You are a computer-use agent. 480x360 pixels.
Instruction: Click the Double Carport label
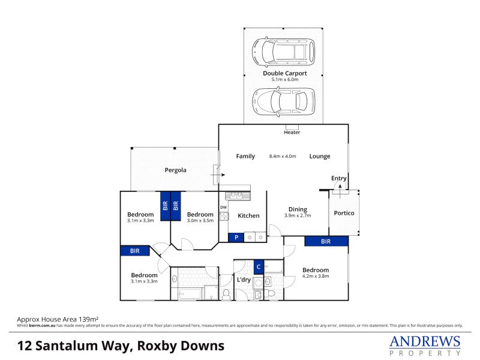point(284,73)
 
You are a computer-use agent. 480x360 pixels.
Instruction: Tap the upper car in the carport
point(283,52)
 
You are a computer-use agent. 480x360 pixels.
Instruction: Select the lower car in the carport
point(283,102)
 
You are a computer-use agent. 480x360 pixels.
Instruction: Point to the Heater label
point(292,132)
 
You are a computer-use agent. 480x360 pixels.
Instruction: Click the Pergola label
point(175,170)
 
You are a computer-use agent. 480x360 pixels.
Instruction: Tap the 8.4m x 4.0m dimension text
point(283,156)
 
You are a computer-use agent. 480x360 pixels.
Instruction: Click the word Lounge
point(320,156)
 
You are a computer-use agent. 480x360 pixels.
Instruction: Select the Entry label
point(338,178)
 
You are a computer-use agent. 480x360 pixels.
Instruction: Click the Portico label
point(344,213)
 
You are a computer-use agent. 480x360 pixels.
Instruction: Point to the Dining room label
point(298,209)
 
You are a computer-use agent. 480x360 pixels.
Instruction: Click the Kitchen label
point(248,216)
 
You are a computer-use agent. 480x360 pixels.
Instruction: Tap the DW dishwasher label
point(223,207)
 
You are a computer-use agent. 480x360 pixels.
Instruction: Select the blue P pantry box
point(236,238)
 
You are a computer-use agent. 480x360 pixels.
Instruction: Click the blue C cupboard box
point(259,267)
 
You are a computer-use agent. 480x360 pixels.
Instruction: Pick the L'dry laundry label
point(244,280)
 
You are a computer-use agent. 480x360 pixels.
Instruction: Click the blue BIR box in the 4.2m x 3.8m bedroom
point(326,241)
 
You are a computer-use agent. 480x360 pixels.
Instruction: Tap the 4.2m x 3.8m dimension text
point(316,276)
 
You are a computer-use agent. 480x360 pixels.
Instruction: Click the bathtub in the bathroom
point(190,294)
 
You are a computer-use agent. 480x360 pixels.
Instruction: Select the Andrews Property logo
point(425,346)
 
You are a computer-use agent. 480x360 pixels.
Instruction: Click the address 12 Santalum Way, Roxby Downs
point(121,346)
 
